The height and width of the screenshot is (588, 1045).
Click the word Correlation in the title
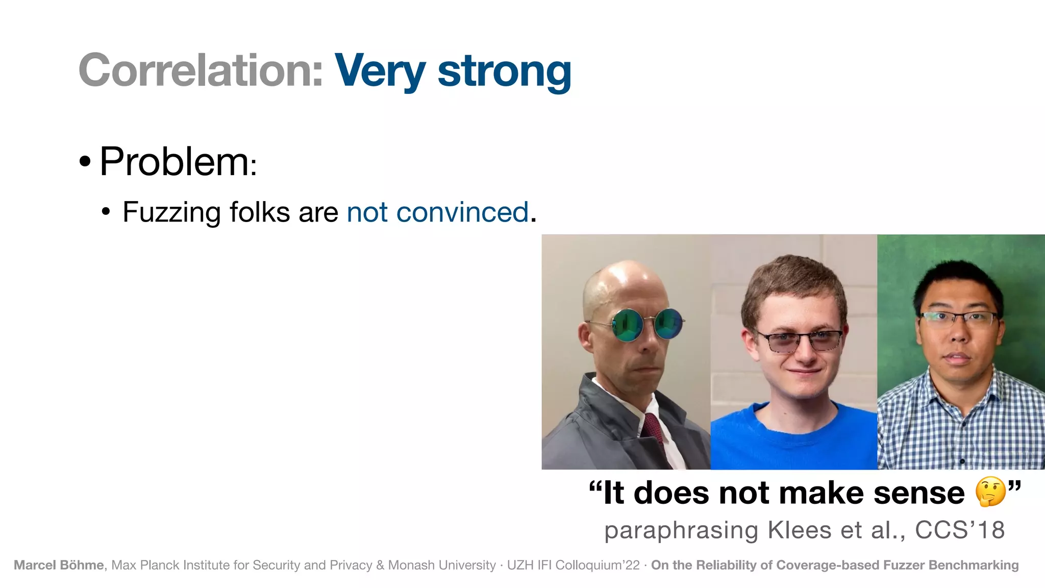(x=201, y=70)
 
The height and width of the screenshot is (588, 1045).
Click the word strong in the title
(x=504, y=71)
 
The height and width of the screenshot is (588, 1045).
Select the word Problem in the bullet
(x=174, y=162)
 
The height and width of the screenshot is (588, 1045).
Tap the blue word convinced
(x=462, y=212)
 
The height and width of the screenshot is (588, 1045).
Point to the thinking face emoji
(x=990, y=492)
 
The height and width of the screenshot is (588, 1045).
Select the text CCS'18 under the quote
(x=959, y=530)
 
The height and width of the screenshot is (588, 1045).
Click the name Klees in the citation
(x=800, y=530)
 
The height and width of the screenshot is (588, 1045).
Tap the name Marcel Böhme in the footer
(x=59, y=565)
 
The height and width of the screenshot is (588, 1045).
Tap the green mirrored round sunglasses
(x=647, y=325)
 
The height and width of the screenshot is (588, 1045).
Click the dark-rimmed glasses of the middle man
(x=799, y=340)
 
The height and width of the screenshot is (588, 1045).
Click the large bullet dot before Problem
(x=85, y=162)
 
